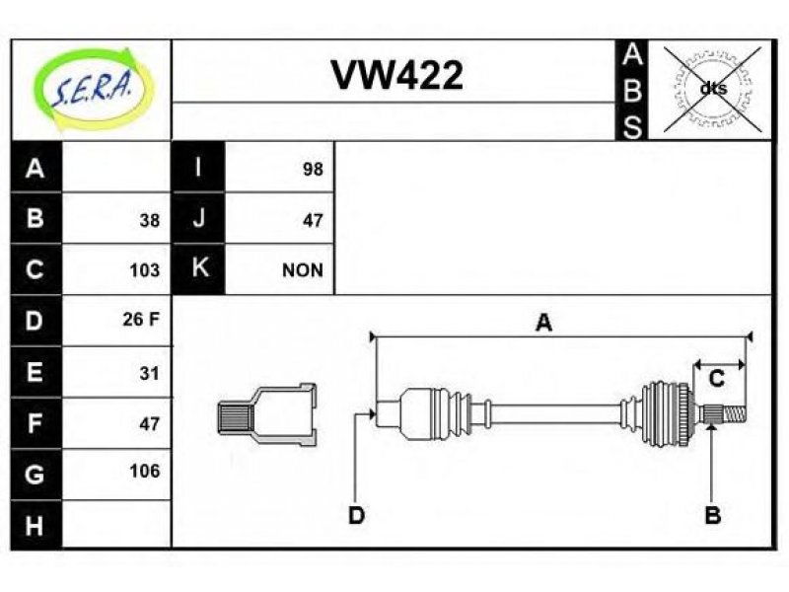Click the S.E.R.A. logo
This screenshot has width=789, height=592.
pyautogui.click(x=94, y=89)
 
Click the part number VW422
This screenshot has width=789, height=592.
pyautogui.click(x=397, y=76)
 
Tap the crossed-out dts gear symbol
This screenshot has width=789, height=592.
pyautogui.click(x=712, y=89)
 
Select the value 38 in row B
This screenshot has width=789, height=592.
pyautogui.click(x=150, y=220)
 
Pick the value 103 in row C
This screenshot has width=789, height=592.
pyautogui.click(x=144, y=270)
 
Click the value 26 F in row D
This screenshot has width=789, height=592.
pyautogui.click(x=141, y=319)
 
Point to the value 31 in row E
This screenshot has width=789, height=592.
pyautogui.click(x=150, y=373)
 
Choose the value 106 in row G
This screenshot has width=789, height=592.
pyautogui.click(x=144, y=472)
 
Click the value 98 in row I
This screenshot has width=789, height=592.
pyautogui.click(x=313, y=169)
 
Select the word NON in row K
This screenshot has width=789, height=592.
pyautogui.click(x=303, y=270)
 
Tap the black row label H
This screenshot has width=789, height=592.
pyautogui.click(x=36, y=525)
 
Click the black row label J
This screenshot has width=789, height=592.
pyautogui.click(x=198, y=218)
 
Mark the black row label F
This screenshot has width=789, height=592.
pyautogui.click(x=36, y=423)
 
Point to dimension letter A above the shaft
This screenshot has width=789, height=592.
pyautogui.click(x=544, y=323)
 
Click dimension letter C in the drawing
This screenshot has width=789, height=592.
pyautogui.click(x=717, y=379)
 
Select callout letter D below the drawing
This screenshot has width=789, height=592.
pyautogui.click(x=356, y=515)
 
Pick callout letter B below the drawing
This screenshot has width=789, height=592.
pyautogui.click(x=712, y=515)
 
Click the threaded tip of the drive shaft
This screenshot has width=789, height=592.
pyautogui.click(x=735, y=414)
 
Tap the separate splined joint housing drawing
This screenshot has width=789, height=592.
pyautogui.click(x=267, y=414)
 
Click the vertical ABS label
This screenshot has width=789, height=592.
pyautogui.click(x=632, y=91)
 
